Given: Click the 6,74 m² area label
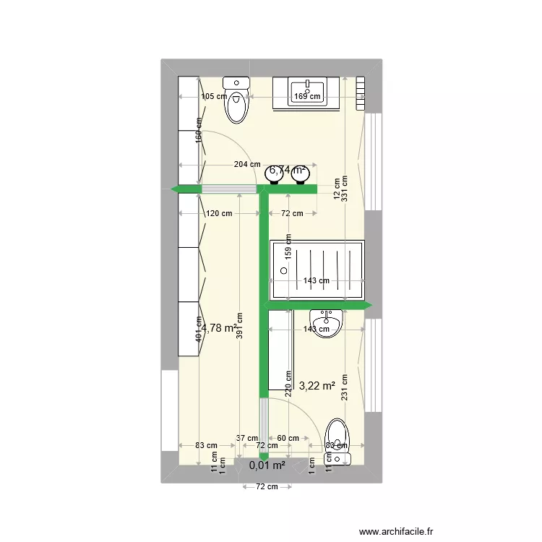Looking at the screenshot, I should (x=288, y=171).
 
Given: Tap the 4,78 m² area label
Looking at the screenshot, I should (x=220, y=328).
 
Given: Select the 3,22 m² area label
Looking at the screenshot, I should (x=317, y=386).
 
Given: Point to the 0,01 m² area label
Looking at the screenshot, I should (x=267, y=465).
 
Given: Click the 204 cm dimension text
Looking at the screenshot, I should (x=247, y=165).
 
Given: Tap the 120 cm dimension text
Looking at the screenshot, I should (x=218, y=213).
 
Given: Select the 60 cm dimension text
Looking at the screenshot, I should (x=288, y=438).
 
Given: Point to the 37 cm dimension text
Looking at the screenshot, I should (x=246, y=438).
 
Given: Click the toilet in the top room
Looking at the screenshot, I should (x=236, y=101).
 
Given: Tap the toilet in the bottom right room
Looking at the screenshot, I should (x=337, y=441).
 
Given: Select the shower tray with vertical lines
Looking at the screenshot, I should (x=317, y=270).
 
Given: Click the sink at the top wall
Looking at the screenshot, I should (x=307, y=93).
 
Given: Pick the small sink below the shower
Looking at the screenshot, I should (x=326, y=319).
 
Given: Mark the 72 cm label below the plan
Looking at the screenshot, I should (x=267, y=486).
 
